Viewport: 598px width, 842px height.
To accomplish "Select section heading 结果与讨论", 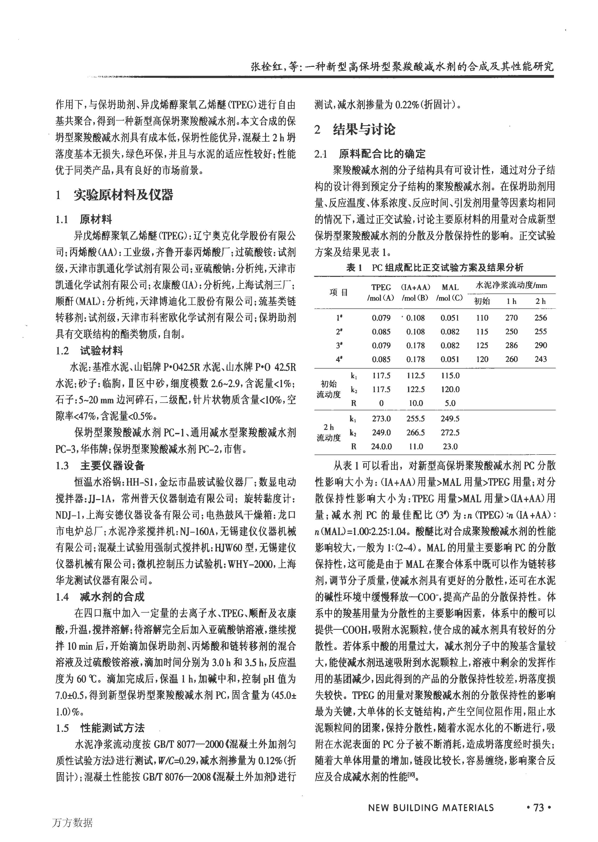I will (364, 129).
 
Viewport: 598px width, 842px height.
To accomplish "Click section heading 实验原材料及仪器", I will (123, 195).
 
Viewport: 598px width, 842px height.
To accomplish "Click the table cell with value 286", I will (511, 345).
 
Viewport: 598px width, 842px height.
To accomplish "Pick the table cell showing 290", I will (541, 345).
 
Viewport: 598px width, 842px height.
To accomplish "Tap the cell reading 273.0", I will (381, 419).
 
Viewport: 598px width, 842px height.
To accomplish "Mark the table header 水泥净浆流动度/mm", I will (511, 285).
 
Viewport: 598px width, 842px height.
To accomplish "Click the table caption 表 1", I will (354, 268).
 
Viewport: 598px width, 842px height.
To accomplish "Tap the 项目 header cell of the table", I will (338, 293).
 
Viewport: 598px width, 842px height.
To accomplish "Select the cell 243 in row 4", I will (541, 359).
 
